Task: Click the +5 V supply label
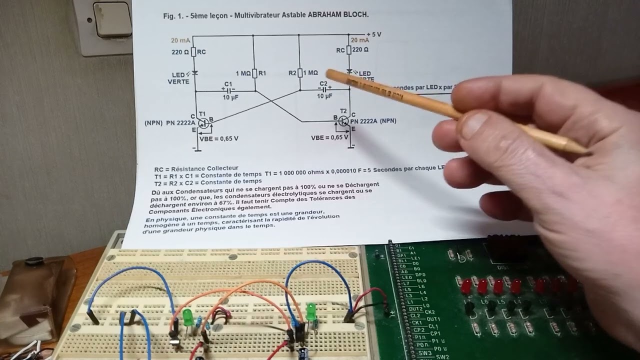(x=373, y=34)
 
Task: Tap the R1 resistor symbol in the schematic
(x=254, y=73)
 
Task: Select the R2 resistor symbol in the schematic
(x=299, y=73)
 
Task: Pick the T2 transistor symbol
(x=343, y=120)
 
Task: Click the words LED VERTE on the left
(x=178, y=78)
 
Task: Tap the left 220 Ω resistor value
(x=180, y=52)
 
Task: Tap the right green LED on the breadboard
(x=311, y=310)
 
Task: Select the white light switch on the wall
(x=113, y=19)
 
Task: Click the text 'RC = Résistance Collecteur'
(x=196, y=168)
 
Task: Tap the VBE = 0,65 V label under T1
(x=218, y=138)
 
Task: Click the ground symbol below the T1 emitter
(x=195, y=149)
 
